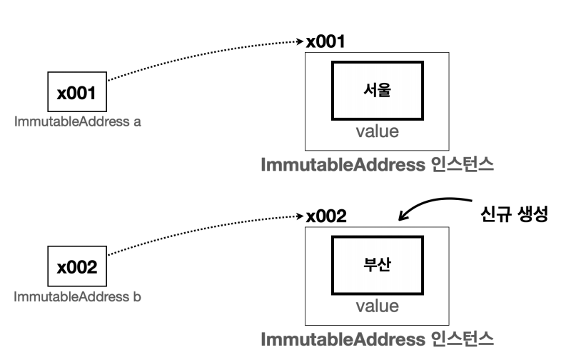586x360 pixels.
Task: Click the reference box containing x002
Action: click(x=76, y=268)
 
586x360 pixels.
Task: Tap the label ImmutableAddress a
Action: click(x=78, y=121)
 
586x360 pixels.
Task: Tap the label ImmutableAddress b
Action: click(x=78, y=296)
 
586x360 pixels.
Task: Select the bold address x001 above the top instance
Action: click(x=326, y=41)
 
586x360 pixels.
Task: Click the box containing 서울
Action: click(x=377, y=91)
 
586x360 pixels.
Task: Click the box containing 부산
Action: click(x=377, y=264)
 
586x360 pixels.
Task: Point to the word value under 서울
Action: click(x=377, y=131)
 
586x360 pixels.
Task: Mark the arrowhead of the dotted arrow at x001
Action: click(x=300, y=42)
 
